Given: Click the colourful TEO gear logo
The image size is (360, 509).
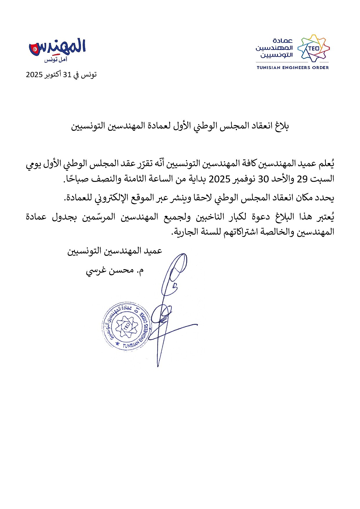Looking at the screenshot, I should pos(313,48).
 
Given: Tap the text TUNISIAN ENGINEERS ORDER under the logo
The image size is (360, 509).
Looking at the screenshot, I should pos(293,68).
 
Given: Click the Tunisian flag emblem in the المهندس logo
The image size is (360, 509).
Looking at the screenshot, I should pos(35,49).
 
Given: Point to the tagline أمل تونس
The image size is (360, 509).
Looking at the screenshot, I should pos(56,60).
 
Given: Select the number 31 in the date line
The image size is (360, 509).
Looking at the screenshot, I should pos(67,75).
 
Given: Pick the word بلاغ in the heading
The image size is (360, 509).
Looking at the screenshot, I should pos(282,126).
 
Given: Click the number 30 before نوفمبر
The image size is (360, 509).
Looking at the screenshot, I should pos(264,179).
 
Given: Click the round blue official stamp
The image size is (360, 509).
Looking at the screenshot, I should pos(127,326).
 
